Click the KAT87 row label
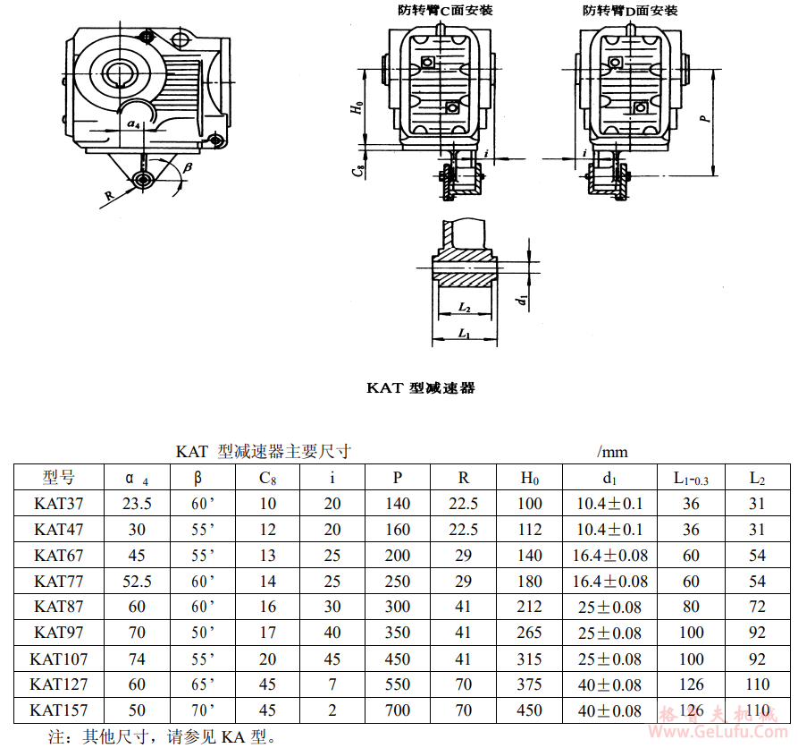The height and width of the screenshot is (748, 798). click(x=58, y=607)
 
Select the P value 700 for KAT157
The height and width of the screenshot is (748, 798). click(x=398, y=710)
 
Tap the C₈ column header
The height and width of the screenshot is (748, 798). click(x=268, y=478)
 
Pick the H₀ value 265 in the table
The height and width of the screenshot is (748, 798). click(x=529, y=633)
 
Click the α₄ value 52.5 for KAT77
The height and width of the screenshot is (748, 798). click(x=137, y=581)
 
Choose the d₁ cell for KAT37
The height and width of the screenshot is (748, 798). click(x=609, y=504)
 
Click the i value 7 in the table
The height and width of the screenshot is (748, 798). click(x=332, y=684)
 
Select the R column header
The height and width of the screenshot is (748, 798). click(x=463, y=478)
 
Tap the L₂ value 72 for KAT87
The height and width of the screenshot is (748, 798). click(x=757, y=607)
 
